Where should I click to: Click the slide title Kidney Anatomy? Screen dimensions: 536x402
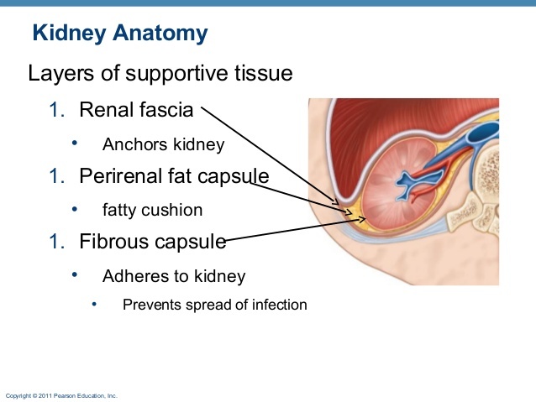[119, 34]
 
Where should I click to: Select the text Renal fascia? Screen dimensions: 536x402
[136, 109]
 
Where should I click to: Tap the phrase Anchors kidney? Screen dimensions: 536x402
[163, 144]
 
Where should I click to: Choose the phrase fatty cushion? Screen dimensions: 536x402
[152, 210]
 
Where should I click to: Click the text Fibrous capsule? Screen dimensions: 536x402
[153, 242]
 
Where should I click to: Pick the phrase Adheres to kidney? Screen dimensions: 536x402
[173, 275]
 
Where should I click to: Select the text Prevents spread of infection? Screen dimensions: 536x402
[214, 304]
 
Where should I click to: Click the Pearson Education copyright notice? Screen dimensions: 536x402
[61, 394]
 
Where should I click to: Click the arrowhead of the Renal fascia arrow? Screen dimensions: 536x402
[339, 204]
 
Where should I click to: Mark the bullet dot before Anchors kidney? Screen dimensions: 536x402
[75, 143]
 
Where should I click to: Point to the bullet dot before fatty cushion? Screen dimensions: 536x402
[75, 208]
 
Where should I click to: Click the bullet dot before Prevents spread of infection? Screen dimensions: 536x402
[95, 303]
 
